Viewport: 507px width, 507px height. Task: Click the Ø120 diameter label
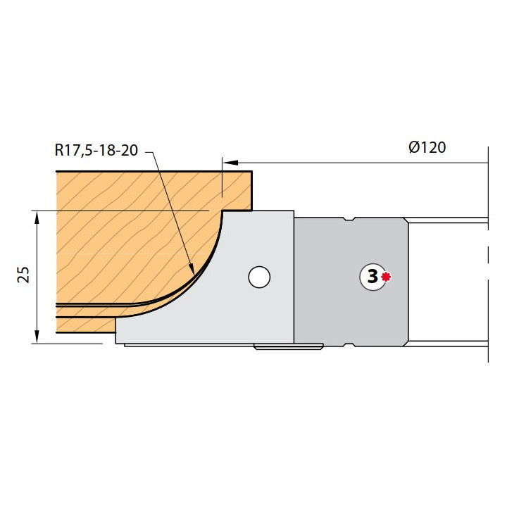coord(427,147)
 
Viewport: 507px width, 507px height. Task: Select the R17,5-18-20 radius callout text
coord(96,150)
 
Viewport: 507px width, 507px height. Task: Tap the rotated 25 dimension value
coord(23,275)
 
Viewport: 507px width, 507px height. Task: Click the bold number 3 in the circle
coord(373,277)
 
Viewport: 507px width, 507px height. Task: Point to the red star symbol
coord(386,277)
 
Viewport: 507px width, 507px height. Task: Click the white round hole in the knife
coord(259,277)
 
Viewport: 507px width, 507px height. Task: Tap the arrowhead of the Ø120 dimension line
coord(230,163)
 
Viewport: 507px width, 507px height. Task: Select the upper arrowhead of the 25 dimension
coord(37,218)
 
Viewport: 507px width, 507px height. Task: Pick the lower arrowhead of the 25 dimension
coord(37,337)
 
